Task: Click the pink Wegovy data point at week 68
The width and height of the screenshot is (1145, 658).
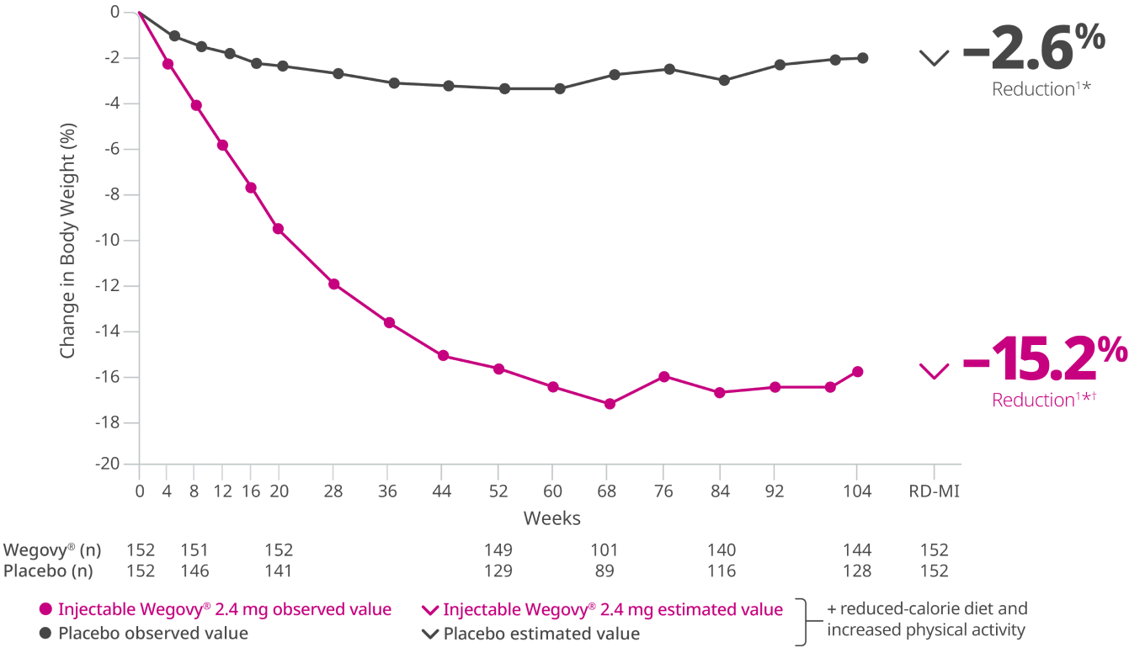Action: click(x=610, y=404)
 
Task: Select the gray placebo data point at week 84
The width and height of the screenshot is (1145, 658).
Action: click(x=723, y=80)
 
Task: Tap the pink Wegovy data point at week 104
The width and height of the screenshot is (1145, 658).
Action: click(x=858, y=372)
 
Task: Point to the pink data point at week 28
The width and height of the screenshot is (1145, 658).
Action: click(x=334, y=284)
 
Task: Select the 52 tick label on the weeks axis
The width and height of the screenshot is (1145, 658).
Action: click(x=498, y=491)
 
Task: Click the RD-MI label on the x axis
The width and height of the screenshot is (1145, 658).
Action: click(x=934, y=491)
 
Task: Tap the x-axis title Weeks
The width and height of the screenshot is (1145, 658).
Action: click(x=552, y=517)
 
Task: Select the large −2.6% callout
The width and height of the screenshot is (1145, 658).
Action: click(x=1033, y=50)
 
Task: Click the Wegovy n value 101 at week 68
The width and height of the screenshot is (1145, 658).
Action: click(x=604, y=550)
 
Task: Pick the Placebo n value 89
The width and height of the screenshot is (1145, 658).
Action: click(x=604, y=570)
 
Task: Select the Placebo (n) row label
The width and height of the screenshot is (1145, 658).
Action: click(x=48, y=570)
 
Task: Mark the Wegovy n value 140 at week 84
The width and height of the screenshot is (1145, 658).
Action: click(x=722, y=550)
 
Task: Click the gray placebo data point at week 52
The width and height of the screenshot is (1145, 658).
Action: click(x=504, y=88)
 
